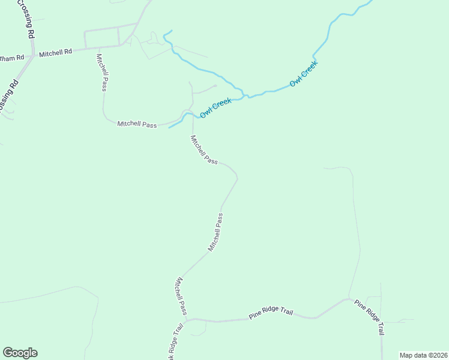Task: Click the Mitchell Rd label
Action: point(55,53)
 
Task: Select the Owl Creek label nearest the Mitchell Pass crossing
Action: point(215,107)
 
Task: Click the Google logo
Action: point(20,353)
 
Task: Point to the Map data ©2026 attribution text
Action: point(423,355)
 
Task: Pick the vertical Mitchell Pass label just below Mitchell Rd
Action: point(101,72)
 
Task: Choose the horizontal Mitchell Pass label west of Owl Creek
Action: point(137,124)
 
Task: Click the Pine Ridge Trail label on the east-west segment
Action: point(271,314)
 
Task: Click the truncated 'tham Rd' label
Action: point(12,58)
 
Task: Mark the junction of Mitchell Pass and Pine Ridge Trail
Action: point(187,320)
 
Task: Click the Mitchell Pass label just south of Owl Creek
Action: point(203,150)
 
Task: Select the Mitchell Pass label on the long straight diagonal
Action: point(215,232)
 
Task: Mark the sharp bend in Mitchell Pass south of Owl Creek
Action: point(237,177)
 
